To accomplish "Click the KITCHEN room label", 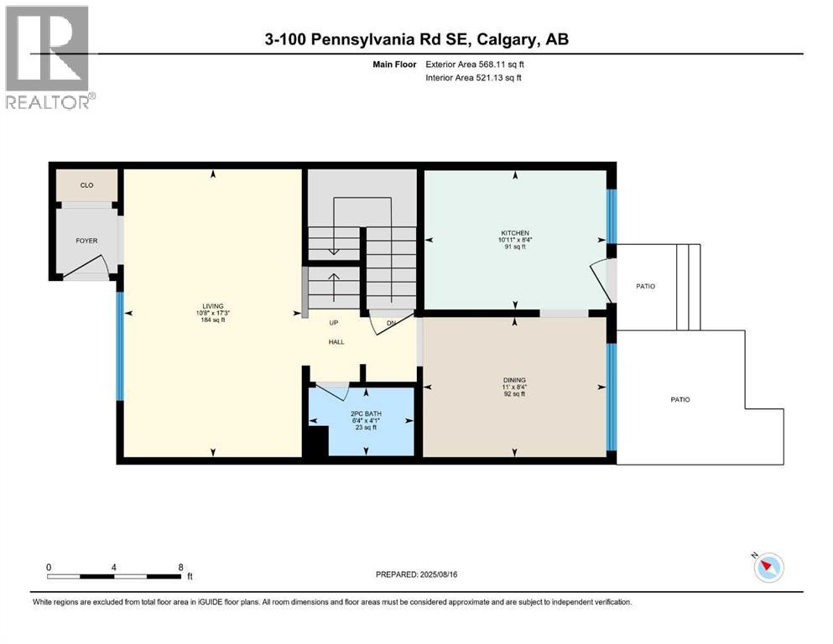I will point(514,232).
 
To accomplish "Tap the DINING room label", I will point(513,380).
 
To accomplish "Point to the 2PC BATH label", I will point(363,414).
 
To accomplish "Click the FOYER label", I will point(86,241).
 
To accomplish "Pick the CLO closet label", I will point(86,186).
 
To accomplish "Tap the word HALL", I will point(336,341).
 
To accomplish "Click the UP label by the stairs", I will point(333,323).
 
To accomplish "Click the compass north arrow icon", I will point(768,568).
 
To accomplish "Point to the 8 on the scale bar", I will point(180,567).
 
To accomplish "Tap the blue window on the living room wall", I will point(120,345).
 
